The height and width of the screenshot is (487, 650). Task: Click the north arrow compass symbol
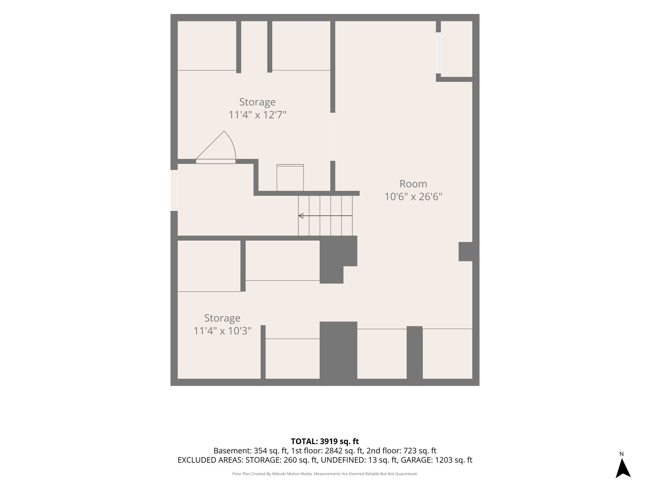click(623, 468)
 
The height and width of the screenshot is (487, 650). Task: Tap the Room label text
click(413, 184)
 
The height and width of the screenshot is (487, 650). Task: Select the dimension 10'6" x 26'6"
click(413, 197)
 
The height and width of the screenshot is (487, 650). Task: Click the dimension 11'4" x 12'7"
click(257, 115)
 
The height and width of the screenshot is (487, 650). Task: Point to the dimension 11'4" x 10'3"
click(222, 331)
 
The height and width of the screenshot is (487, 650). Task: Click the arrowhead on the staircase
click(301, 216)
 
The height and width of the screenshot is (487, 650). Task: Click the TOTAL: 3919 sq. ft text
click(325, 441)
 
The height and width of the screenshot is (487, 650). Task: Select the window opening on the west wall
click(174, 190)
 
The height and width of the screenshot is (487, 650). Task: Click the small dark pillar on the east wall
click(465, 252)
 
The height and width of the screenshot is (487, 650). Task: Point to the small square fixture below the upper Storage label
click(290, 178)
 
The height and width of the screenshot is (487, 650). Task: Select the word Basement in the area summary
click(232, 451)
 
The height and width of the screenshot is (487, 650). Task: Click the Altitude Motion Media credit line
click(325, 474)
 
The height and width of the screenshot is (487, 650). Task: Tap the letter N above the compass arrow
click(621, 454)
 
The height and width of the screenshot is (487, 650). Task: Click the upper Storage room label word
click(257, 102)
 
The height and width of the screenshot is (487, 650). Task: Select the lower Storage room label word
click(222, 318)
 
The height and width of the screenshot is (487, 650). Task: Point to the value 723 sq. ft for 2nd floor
click(420, 451)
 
